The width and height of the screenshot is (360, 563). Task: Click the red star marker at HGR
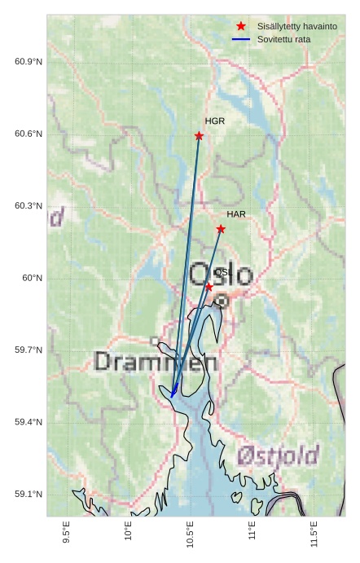[199, 136]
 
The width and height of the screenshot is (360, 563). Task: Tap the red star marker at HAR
[221, 229]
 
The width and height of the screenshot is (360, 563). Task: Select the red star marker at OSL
[209, 287]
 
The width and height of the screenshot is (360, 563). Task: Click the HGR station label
[215, 121]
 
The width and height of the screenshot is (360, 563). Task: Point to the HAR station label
[236, 214]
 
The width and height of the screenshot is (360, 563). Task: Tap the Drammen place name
[156, 362]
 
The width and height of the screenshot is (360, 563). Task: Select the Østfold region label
[278, 455]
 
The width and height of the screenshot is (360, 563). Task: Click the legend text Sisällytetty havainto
[296, 27]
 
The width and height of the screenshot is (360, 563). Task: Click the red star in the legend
[241, 27]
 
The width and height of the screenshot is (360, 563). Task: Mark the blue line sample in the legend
[241, 39]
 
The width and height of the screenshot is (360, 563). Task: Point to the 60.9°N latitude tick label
[29, 62]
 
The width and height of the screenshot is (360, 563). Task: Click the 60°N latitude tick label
[33, 278]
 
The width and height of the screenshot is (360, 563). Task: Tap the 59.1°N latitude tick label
[29, 495]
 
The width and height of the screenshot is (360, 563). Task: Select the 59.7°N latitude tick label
[29, 350]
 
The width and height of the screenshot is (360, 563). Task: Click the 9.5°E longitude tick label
[66, 532]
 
